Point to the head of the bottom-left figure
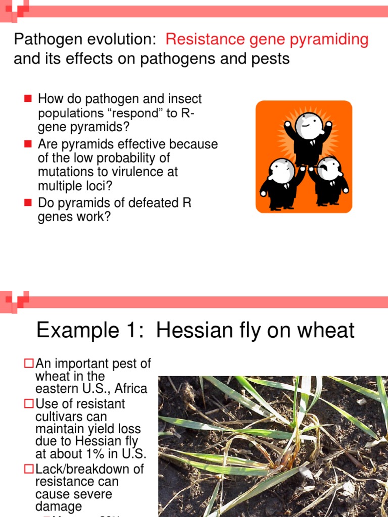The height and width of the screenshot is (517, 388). (281, 171)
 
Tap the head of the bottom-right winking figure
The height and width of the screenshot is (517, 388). (329, 169)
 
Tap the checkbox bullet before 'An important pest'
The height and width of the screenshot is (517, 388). (30, 363)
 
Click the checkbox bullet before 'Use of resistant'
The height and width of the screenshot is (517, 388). (30, 403)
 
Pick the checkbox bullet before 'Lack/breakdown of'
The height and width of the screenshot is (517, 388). (30, 469)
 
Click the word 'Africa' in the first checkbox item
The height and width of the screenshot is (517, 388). (130, 389)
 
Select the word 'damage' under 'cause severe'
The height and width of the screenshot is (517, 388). (59, 507)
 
